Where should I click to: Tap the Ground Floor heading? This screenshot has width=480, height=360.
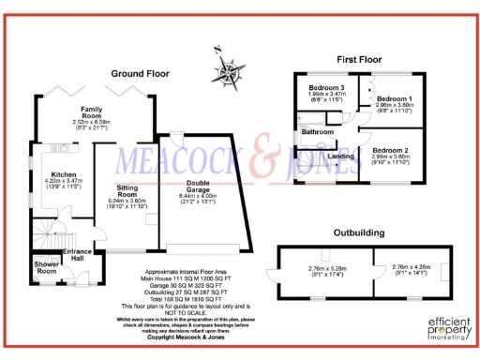click(140, 72)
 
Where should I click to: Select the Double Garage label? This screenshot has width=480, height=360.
click(198, 186)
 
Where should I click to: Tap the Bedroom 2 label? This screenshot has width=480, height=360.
click(390, 151)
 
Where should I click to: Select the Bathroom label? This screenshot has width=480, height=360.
click(318, 132)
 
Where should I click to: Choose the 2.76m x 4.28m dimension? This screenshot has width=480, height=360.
click(411, 269)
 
